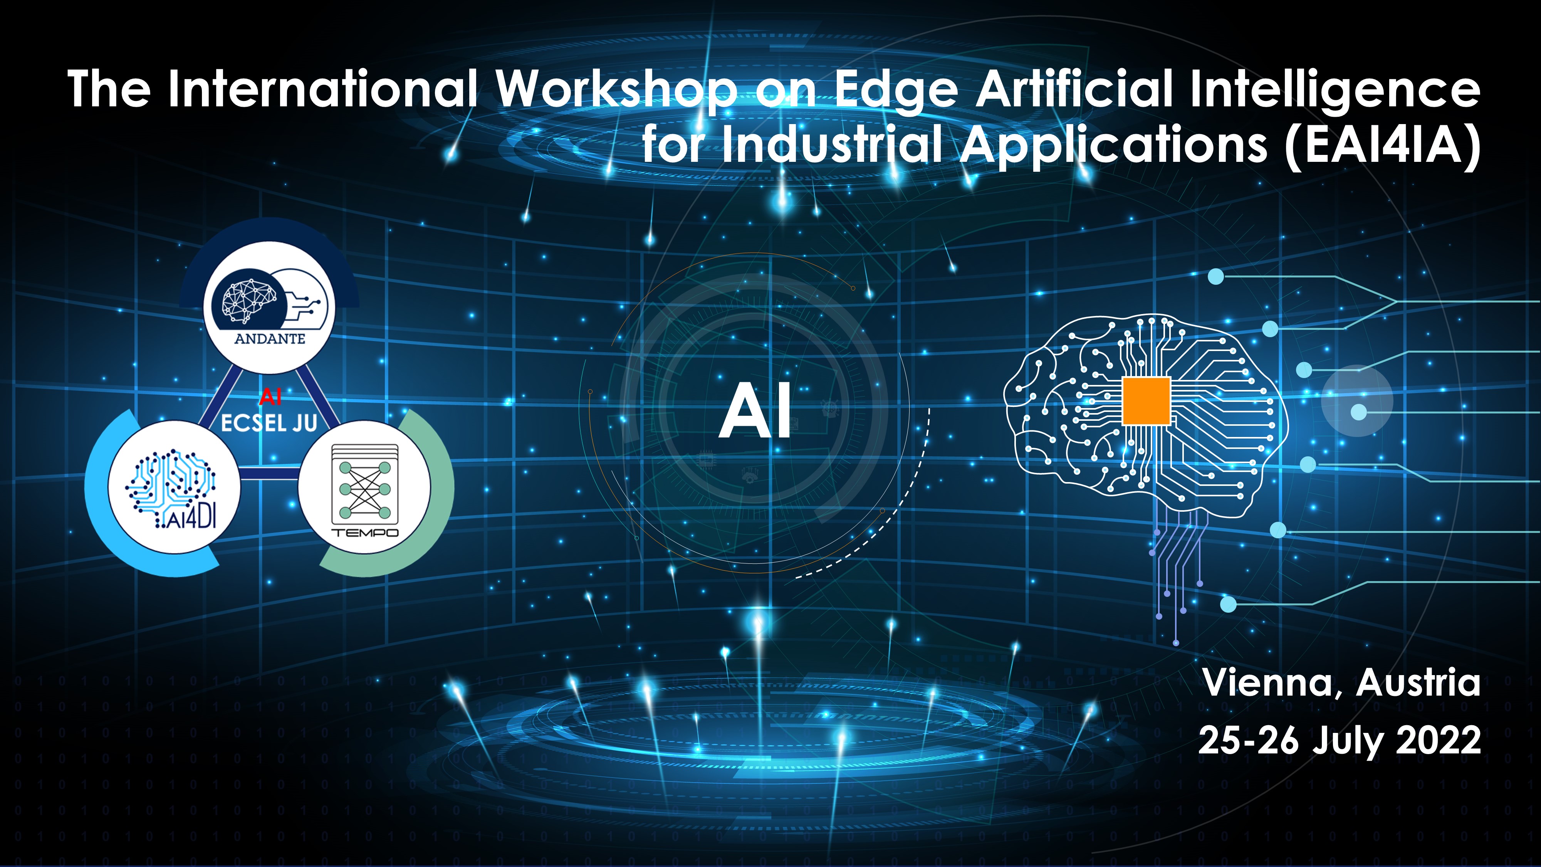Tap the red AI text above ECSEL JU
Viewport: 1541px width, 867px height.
270,396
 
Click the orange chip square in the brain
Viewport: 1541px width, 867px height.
1146,401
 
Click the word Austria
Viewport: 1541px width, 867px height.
1418,683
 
